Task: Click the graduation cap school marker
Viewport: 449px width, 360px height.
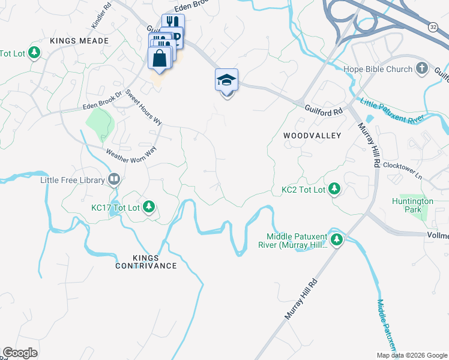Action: pos(227,80)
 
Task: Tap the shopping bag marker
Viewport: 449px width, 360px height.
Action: pos(160,59)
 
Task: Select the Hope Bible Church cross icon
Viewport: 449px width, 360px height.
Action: pos(421,69)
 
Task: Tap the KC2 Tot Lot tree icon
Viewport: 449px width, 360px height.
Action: pos(334,190)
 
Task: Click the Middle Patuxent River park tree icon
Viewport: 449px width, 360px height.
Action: pos(337,240)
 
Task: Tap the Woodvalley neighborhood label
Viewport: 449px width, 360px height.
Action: pos(312,136)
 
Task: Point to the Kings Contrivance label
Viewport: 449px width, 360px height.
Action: pos(146,261)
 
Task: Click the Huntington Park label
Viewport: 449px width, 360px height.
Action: pos(412,205)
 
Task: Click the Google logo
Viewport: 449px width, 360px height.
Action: pos(20,353)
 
